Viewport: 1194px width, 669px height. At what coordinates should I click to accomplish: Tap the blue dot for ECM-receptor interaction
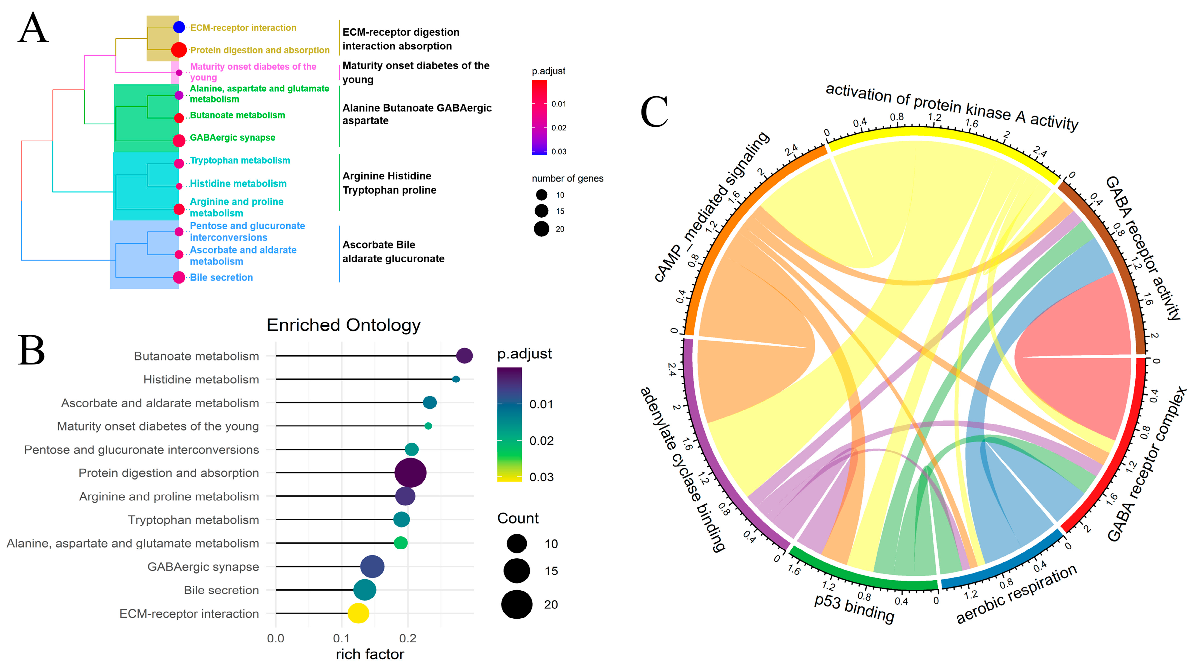[179, 27]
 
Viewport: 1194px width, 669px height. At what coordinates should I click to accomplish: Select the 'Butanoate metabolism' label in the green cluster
[237, 115]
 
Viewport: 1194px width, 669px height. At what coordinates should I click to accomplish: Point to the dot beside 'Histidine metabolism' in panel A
[179, 186]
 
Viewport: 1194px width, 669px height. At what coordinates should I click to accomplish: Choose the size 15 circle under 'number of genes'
[541, 211]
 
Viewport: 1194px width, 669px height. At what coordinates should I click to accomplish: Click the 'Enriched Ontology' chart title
[343, 325]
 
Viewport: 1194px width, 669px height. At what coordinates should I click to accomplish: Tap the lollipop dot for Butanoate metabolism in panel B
[464, 356]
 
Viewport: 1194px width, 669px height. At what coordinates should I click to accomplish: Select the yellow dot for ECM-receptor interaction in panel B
[358, 613]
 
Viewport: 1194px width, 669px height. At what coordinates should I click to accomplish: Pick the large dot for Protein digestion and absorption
[410, 473]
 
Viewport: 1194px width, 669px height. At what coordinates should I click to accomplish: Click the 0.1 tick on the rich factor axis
[342, 638]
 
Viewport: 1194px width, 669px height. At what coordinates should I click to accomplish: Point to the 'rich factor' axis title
[370, 654]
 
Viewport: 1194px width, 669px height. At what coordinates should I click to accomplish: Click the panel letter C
[654, 112]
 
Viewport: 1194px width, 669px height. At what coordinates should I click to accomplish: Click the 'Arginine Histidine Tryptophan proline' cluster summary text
[389, 183]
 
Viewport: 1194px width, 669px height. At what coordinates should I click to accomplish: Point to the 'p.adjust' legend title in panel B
[524, 354]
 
